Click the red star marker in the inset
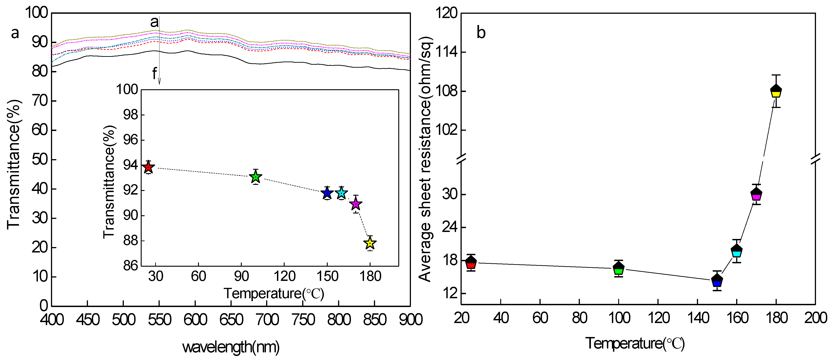tap(148, 167)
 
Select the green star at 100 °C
tap(256, 177)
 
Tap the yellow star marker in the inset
tap(370, 243)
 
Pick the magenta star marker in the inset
tap(356, 204)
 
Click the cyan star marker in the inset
tap(341, 193)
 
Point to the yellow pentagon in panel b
tap(776, 91)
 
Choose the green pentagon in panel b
tap(618, 268)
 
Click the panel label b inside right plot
tap(481, 33)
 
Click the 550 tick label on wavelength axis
tap(159, 320)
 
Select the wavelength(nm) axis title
tap(231, 347)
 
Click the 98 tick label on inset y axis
tap(131, 115)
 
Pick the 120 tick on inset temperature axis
tap(284, 276)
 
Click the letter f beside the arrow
tap(154, 74)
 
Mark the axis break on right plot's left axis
tap(461, 158)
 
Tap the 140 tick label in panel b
tap(698, 318)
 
